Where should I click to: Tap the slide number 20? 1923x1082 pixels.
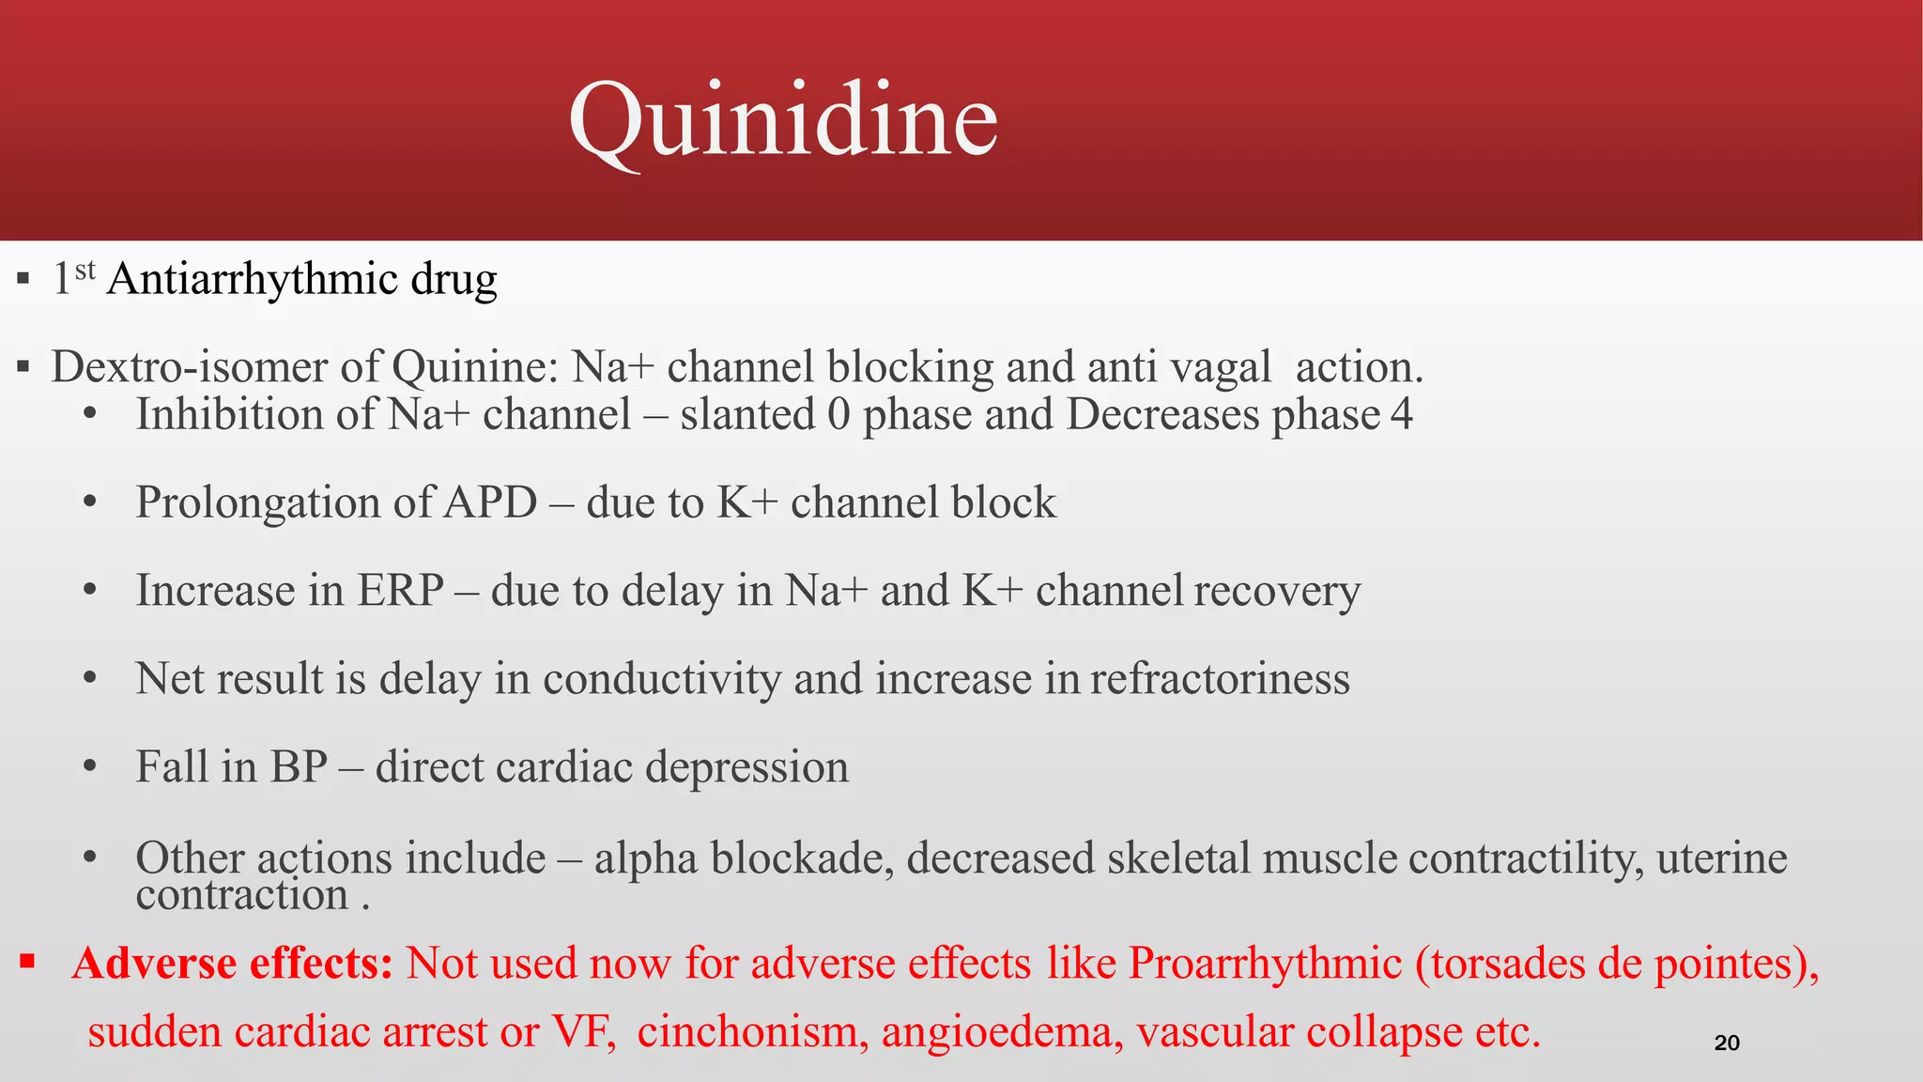(x=1727, y=1043)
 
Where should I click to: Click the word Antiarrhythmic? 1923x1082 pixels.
(x=252, y=279)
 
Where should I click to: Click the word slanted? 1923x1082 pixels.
(x=747, y=414)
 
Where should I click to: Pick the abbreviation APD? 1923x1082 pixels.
(x=490, y=502)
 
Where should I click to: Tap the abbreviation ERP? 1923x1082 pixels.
(x=400, y=590)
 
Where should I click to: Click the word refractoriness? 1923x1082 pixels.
(x=1220, y=678)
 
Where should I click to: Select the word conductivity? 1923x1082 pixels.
(x=661, y=678)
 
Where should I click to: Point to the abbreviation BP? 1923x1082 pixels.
(x=299, y=766)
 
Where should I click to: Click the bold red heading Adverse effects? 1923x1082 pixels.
(x=232, y=963)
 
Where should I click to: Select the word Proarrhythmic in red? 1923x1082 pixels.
(x=1265, y=963)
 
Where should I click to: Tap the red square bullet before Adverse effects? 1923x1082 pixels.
(x=27, y=961)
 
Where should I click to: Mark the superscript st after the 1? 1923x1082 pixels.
(x=85, y=270)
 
